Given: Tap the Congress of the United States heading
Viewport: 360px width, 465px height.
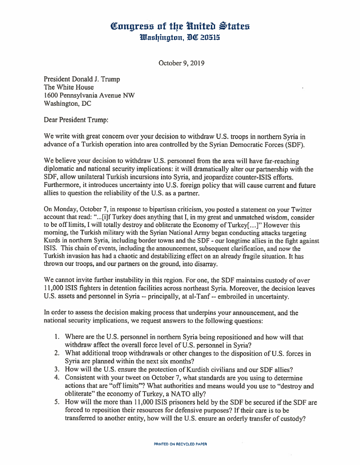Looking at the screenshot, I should tap(180, 27).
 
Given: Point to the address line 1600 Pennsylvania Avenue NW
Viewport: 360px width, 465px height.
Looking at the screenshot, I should tap(89, 95).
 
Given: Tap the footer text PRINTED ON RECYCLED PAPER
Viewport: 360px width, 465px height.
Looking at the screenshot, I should tap(180, 444).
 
